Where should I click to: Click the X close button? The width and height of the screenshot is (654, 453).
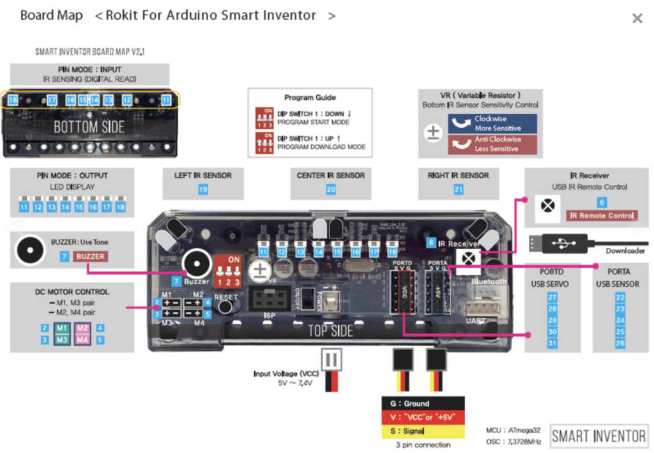click(x=637, y=19)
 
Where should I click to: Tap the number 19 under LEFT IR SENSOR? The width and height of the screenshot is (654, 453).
click(x=203, y=189)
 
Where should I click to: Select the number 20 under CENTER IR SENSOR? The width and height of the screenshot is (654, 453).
click(x=331, y=189)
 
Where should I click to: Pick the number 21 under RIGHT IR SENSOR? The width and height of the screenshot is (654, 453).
click(x=459, y=189)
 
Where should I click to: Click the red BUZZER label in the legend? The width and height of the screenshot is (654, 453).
click(x=89, y=256)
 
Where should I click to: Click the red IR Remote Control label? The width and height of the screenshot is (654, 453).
click(x=602, y=215)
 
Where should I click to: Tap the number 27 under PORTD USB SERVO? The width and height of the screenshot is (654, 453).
click(x=552, y=297)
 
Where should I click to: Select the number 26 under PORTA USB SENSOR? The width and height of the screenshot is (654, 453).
click(x=620, y=343)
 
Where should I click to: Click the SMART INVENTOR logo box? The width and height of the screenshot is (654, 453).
click(x=599, y=436)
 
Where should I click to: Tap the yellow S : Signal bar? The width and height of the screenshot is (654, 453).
click(x=423, y=431)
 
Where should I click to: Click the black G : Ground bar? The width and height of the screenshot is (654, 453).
click(x=423, y=403)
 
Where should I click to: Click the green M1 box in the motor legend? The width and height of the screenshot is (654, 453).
click(x=61, y=328)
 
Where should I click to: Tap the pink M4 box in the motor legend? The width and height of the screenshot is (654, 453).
click(x=82, y=340)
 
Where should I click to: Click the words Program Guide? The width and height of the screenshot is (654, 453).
click(x=310, y=98)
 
